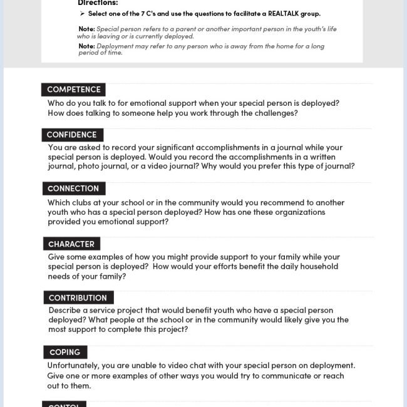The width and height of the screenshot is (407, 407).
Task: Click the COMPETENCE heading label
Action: tap(73, 90)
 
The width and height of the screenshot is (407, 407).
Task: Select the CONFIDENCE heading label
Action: tap(72, 135)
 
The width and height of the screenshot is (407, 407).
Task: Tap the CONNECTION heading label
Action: tap(73, 188)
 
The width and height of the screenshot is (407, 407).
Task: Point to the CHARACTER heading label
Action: tap(71, 244)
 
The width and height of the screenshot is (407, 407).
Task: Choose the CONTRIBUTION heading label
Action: tap(78, 298)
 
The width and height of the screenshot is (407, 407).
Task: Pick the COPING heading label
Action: tap(65, 352)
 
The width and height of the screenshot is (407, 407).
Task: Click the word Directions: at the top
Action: tap(98, 3)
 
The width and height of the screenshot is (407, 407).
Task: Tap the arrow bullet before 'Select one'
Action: tap(82, 14)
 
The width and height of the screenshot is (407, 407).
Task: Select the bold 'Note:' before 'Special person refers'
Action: tap(86, 29)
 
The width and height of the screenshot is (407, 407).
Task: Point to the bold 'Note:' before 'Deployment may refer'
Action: tap(86, 46)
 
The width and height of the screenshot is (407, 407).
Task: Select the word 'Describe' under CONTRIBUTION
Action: tap(66, 311)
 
